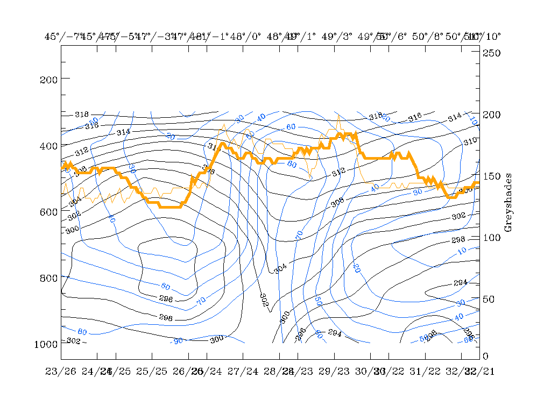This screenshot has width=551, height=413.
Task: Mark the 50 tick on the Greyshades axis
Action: [491, 299]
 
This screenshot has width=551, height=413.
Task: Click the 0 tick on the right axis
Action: [486, 356]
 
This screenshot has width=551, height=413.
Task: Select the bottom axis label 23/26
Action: [61, 372]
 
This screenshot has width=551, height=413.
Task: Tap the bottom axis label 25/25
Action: [152, 372]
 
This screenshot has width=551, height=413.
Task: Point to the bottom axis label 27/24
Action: [243, 372]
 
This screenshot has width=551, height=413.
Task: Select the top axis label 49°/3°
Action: [336, 37]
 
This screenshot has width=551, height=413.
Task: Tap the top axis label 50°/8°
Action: [427, 37]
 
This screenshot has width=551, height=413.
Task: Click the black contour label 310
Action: [470, 141]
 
